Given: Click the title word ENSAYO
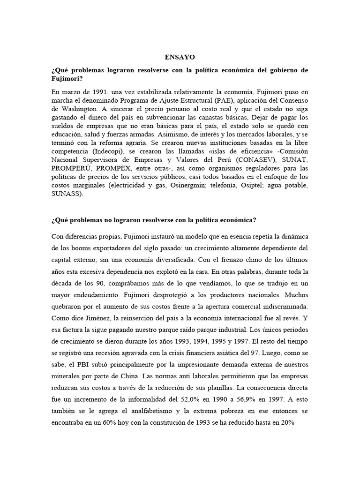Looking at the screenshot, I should [180, 57].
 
